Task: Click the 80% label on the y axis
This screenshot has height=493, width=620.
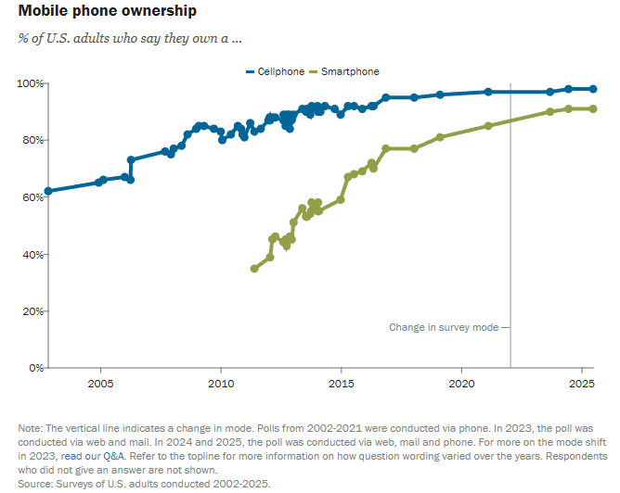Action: (32, 140)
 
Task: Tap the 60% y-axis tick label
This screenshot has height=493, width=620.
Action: (32, 197)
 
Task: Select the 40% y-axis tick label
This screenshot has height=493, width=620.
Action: (32, 254)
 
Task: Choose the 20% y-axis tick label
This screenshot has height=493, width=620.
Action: (32, 311)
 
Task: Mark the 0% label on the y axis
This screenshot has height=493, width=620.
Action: (34, 368)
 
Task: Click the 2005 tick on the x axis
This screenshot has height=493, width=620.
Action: (100, 383)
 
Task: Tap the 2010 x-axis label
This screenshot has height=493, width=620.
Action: (221, 383)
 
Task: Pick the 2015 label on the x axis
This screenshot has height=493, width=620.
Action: (341, 383)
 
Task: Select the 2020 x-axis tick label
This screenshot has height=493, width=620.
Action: (461, 383)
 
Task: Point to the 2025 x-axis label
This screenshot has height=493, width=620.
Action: (582, 383)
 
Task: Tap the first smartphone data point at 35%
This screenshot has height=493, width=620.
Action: (254, 268)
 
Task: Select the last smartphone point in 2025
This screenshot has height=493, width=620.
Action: (593, 108)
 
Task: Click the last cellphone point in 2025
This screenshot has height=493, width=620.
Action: (593, 89)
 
